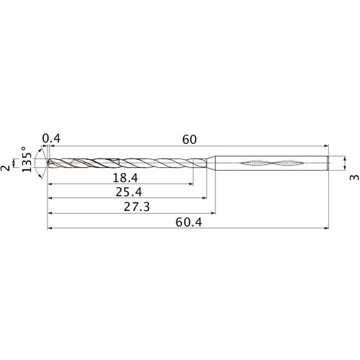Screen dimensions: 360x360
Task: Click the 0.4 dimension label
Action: pyautogui.click(x=51, y=139)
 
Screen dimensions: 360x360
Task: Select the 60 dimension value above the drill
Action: pyautogui.click(x=189, y=139)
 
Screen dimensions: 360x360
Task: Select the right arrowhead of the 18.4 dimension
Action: pyautogui.click(x=191, y=185)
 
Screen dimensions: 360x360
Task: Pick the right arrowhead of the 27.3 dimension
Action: pyautogui.click(x=213, y=214)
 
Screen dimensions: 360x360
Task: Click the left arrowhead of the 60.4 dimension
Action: pyautogui.click(x=50, y=230)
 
